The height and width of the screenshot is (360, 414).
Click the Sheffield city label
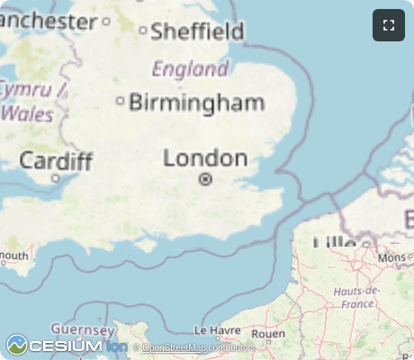[x=197, y=32]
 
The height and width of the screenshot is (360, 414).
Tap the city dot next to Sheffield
[x=143, y=31]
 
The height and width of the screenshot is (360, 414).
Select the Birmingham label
[x=197, y=103]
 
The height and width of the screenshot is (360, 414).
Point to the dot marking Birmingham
[x=121, y=101]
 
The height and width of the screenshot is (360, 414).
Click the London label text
[x=205, y=159]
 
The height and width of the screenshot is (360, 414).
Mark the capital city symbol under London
[x=205, y=180]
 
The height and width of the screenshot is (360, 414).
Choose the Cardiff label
[x=56, y=161]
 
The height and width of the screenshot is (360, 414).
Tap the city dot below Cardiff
[x=55, y=178]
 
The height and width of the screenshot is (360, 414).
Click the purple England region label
[x=190, y=69]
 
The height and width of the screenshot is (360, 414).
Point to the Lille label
[x=334, y=242]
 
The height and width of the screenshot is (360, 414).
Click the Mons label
[x=392, y=257]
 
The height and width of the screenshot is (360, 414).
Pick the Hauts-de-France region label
[x=357, y=297]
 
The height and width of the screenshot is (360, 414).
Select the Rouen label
[x=268, y=333]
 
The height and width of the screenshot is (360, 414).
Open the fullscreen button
[x=389, y=25]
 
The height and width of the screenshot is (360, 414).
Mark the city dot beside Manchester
[x=106, y=20]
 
